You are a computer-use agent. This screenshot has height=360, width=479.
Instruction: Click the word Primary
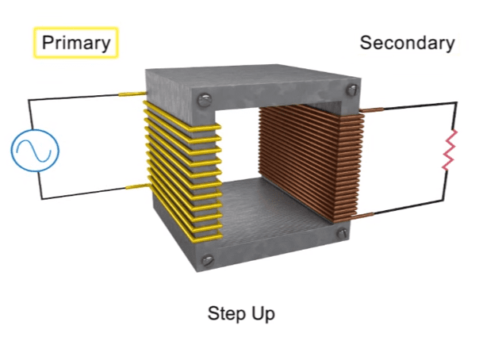[76, 43]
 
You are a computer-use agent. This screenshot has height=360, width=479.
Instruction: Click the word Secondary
[407, 43]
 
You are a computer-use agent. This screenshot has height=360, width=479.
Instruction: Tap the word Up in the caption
[263, 313]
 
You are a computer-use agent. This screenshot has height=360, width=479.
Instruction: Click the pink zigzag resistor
[449, 150]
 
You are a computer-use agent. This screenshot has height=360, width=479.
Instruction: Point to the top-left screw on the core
[204, 100]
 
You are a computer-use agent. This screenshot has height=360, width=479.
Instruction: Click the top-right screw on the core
[352, 90]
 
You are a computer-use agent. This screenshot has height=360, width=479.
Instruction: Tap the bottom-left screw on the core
[208, 260]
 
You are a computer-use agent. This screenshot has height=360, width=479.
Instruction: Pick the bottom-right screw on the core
[342, 233]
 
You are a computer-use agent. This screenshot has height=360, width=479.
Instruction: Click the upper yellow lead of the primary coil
[132, 94]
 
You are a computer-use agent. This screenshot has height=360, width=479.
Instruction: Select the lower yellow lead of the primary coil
[138, 186]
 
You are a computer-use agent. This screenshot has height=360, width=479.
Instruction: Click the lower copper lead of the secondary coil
[362, 216]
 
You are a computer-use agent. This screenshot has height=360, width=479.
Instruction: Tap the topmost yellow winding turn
[183, 117]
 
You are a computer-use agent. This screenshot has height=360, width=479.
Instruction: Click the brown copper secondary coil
[312, 162]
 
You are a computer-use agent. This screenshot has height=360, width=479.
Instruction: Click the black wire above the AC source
[73, 97]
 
